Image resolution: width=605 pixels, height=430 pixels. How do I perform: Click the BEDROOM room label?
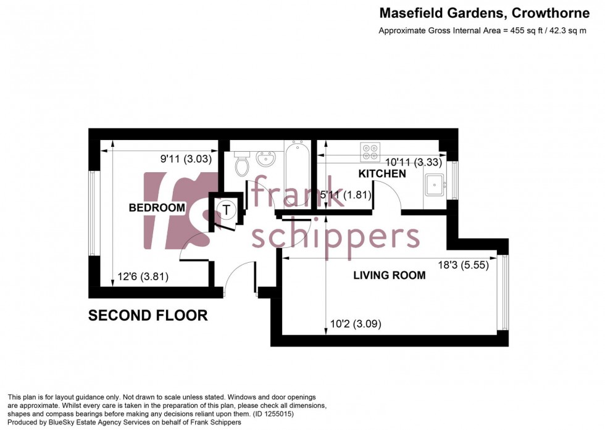coord(157,208)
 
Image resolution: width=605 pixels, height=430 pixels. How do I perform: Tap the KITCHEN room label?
coord(382,174)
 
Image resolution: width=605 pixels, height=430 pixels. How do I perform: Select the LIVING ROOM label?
coord(389,275)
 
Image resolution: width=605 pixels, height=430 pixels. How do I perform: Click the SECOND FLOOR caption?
coord(148,315)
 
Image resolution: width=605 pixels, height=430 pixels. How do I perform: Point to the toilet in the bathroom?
coord(241,163)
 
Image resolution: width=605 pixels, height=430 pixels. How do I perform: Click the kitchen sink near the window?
coord(435,184)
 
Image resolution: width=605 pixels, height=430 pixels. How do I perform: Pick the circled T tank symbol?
coord(228,210)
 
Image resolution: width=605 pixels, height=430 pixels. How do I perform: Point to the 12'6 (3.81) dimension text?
coord(143,276)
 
